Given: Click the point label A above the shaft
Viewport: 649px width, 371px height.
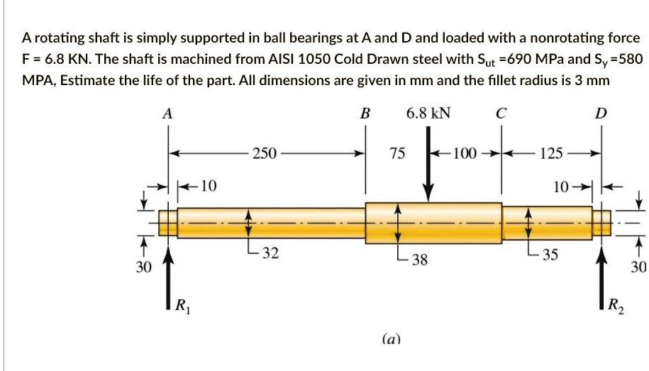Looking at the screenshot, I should [167, 113].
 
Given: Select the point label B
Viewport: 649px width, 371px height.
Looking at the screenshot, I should [365, 113].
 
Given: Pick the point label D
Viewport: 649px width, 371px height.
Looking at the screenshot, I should [601, 113].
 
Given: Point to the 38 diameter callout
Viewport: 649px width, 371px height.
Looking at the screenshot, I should [419, 260].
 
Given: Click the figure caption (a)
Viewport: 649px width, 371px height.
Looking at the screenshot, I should [391, 340].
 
